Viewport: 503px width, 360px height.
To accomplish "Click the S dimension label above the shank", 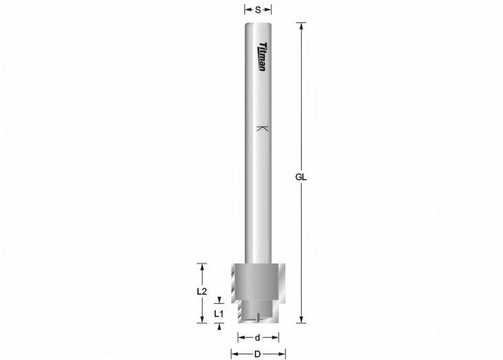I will coord(258,9).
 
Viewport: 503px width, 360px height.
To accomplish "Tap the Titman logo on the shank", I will coord(263,57).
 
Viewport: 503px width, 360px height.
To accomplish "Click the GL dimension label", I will coord(301,177).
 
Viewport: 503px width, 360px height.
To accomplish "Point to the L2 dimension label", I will coord(202,291).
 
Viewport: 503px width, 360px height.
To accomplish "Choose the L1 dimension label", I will coord(218,313).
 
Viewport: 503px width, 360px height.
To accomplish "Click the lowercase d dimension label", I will coord(257,337).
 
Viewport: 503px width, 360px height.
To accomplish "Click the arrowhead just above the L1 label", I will coord(218,300).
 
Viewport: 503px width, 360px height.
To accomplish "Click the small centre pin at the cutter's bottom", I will coord(258,318).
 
